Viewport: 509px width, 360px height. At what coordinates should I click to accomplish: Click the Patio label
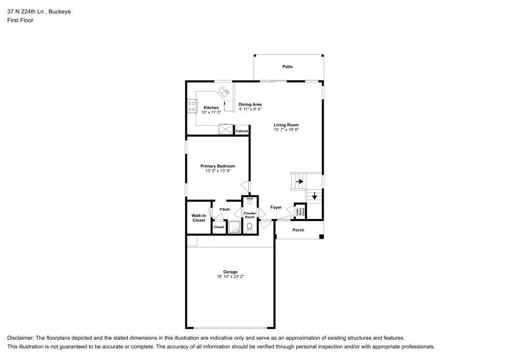pos(288,67)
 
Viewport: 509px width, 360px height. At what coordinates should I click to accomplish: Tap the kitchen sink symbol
pos(223,92)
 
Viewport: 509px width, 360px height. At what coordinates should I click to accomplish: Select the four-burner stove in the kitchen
pos(192,106)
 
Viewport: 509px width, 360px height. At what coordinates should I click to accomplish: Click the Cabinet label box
pos(242,131)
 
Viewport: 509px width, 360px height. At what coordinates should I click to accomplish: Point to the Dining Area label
pos(250,104)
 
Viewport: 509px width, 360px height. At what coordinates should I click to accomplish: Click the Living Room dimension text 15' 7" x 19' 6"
pos(286,130)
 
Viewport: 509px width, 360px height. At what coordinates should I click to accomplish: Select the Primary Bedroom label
pos(217,166)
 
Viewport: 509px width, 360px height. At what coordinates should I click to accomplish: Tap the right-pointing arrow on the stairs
pos(299,181)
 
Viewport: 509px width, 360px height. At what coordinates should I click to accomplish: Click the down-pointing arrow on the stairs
pos(315,196)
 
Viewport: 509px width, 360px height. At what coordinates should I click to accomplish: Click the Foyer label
pos(276,207)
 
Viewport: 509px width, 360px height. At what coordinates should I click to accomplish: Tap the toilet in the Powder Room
pos(249,228)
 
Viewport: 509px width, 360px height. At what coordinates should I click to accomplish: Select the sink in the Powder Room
pos(249,200)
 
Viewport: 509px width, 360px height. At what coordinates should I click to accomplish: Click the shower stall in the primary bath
pos(235,227)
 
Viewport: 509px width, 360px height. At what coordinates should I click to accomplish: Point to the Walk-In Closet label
pos(199,218)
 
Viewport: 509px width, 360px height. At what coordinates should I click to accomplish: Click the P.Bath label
pos(224,210)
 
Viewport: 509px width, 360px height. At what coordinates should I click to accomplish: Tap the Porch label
pos(298,230)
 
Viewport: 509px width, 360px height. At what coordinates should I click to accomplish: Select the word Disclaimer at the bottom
pos(20,338)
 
